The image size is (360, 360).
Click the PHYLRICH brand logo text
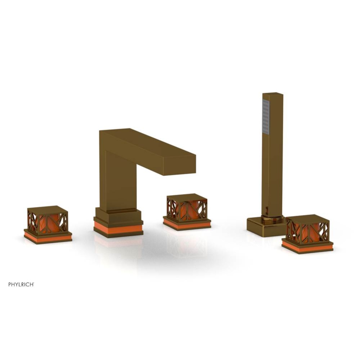click(21, 284)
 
